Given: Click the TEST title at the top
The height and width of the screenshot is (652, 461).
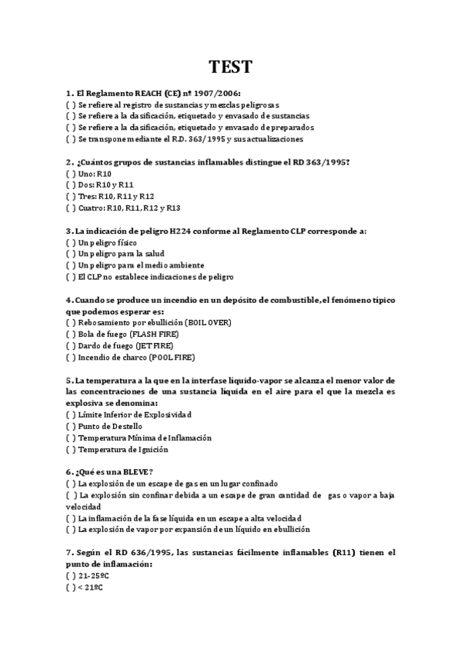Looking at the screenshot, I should (230, 67).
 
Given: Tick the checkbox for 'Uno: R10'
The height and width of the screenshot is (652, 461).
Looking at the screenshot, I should (71, 175).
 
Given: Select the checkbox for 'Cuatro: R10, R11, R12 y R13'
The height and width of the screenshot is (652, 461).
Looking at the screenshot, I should (71, 208).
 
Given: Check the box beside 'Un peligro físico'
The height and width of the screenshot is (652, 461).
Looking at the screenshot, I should (71, 242).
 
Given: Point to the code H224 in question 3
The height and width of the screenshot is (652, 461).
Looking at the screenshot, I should (179, 231).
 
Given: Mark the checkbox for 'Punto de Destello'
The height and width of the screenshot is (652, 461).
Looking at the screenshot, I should (71, 426).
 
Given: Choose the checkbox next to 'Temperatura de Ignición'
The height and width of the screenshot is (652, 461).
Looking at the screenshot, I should (71, 449).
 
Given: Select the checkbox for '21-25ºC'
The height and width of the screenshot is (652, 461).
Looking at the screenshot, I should (71, 575).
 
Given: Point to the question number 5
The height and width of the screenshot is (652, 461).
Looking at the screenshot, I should (69, 380).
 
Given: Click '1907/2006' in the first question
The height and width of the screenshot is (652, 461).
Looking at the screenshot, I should (205, 92).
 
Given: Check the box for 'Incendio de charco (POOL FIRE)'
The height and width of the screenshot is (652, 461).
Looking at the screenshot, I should (71, 357).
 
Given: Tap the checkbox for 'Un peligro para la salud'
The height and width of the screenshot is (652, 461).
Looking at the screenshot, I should (71, 254).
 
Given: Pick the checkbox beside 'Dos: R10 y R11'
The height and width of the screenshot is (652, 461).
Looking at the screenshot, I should (71, 185).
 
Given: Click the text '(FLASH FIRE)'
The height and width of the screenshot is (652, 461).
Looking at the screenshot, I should (155, 334).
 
